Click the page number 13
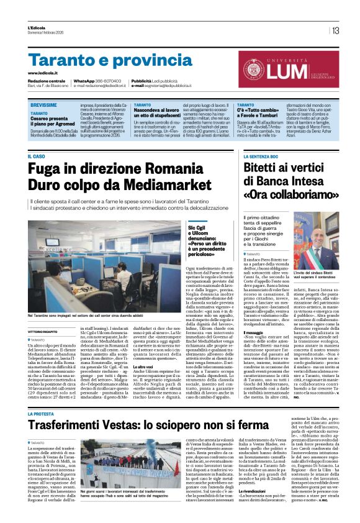[x=336, y=30]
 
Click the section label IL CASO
[x=37, y=156]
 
